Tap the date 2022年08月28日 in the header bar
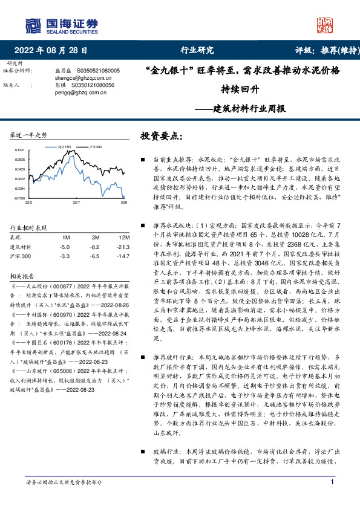pos(55,50)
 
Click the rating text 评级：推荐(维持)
pos(319,50)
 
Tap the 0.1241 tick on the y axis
pos(20,149)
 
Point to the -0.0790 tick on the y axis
pos(19,198)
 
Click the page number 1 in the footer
pos(333,481)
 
